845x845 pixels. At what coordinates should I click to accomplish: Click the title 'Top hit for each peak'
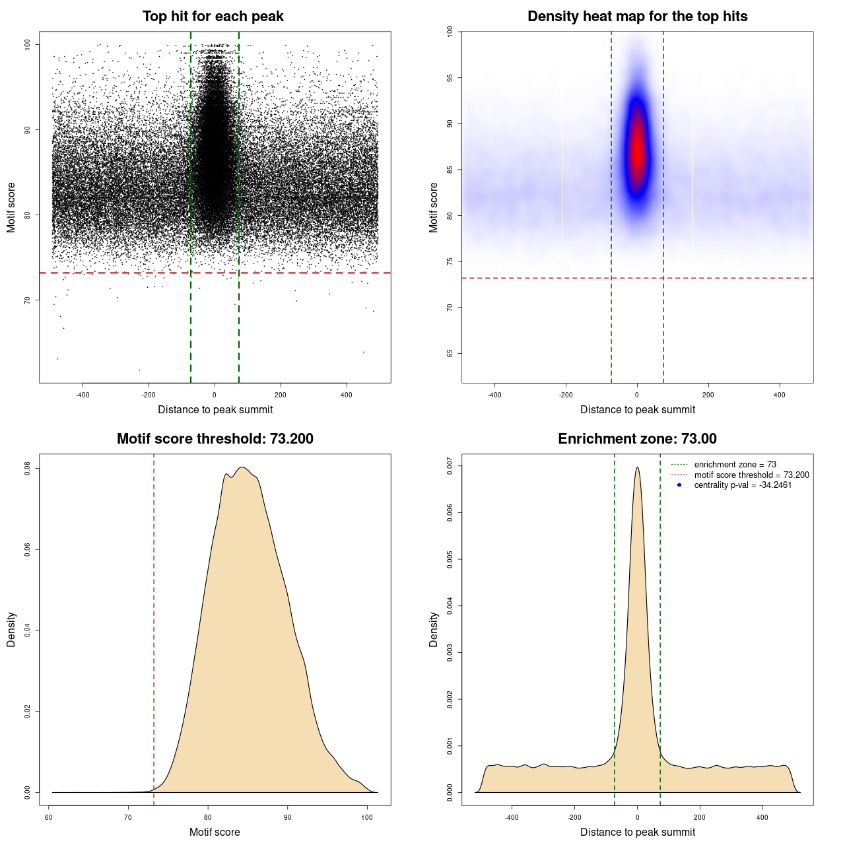pos(213,17)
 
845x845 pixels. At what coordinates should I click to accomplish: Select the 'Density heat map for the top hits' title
pos(637,17)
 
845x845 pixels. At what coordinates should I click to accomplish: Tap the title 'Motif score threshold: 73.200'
pos(215,439)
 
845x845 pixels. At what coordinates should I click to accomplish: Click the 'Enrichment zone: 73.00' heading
pos(637,439)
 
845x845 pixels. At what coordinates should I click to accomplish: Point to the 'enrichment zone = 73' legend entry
pos(735,465)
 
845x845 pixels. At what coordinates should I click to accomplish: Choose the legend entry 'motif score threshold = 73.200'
pos(751,475)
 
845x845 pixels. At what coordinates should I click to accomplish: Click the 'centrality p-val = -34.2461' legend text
pos(743,485)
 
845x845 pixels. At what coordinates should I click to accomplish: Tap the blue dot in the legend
pos(679,485)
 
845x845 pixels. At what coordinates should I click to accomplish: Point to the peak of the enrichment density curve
pos(637,467)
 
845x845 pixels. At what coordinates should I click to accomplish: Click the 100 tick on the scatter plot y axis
pos(28,44)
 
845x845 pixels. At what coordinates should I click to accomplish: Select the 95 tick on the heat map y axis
pos(450,78)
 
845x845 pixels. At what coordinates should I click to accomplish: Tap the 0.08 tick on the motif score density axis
pos(28,469)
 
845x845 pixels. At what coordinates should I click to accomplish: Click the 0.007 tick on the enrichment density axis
pos(450,466)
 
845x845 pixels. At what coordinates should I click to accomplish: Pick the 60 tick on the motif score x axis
pos(49,817)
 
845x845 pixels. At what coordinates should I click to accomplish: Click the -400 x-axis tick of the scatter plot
pos(83,395)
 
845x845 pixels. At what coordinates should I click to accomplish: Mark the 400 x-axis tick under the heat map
pos(780,395)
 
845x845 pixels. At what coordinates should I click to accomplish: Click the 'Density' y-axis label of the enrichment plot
pos(434,629)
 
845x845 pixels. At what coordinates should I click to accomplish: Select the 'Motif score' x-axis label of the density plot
pos(215,832)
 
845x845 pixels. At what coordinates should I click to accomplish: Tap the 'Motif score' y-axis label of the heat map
pos(434,207)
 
